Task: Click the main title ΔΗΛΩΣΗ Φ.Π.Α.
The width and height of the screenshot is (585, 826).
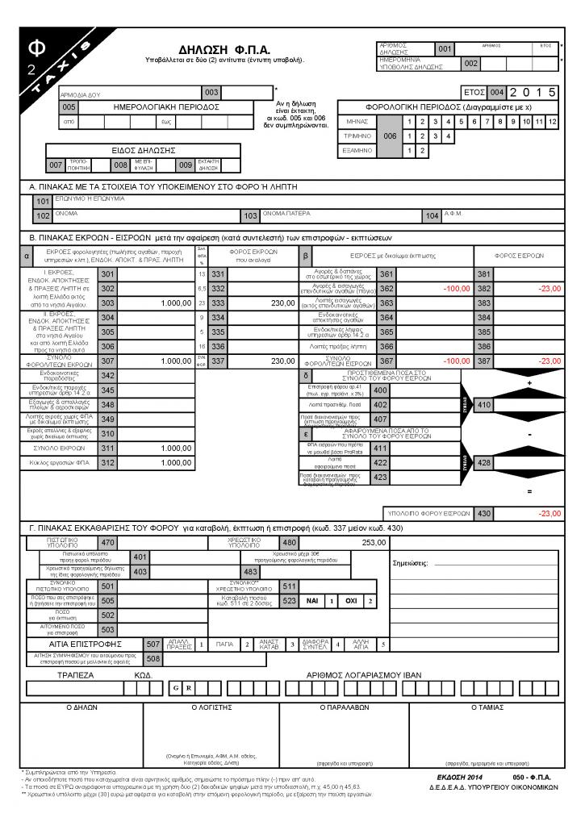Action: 224,50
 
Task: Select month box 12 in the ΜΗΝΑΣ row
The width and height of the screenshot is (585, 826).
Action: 552,122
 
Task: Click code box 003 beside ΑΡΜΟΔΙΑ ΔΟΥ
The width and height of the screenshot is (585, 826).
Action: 211,93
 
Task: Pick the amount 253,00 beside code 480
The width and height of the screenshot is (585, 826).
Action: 375,542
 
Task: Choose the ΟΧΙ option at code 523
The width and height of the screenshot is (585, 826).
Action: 352,601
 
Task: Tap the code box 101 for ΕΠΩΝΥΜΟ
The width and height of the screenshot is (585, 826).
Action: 43,201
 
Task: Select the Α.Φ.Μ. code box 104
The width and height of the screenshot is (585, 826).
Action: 432,216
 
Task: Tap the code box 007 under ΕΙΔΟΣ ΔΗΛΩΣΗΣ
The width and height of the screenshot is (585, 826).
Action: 55,165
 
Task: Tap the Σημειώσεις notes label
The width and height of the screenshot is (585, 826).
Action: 409,564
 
